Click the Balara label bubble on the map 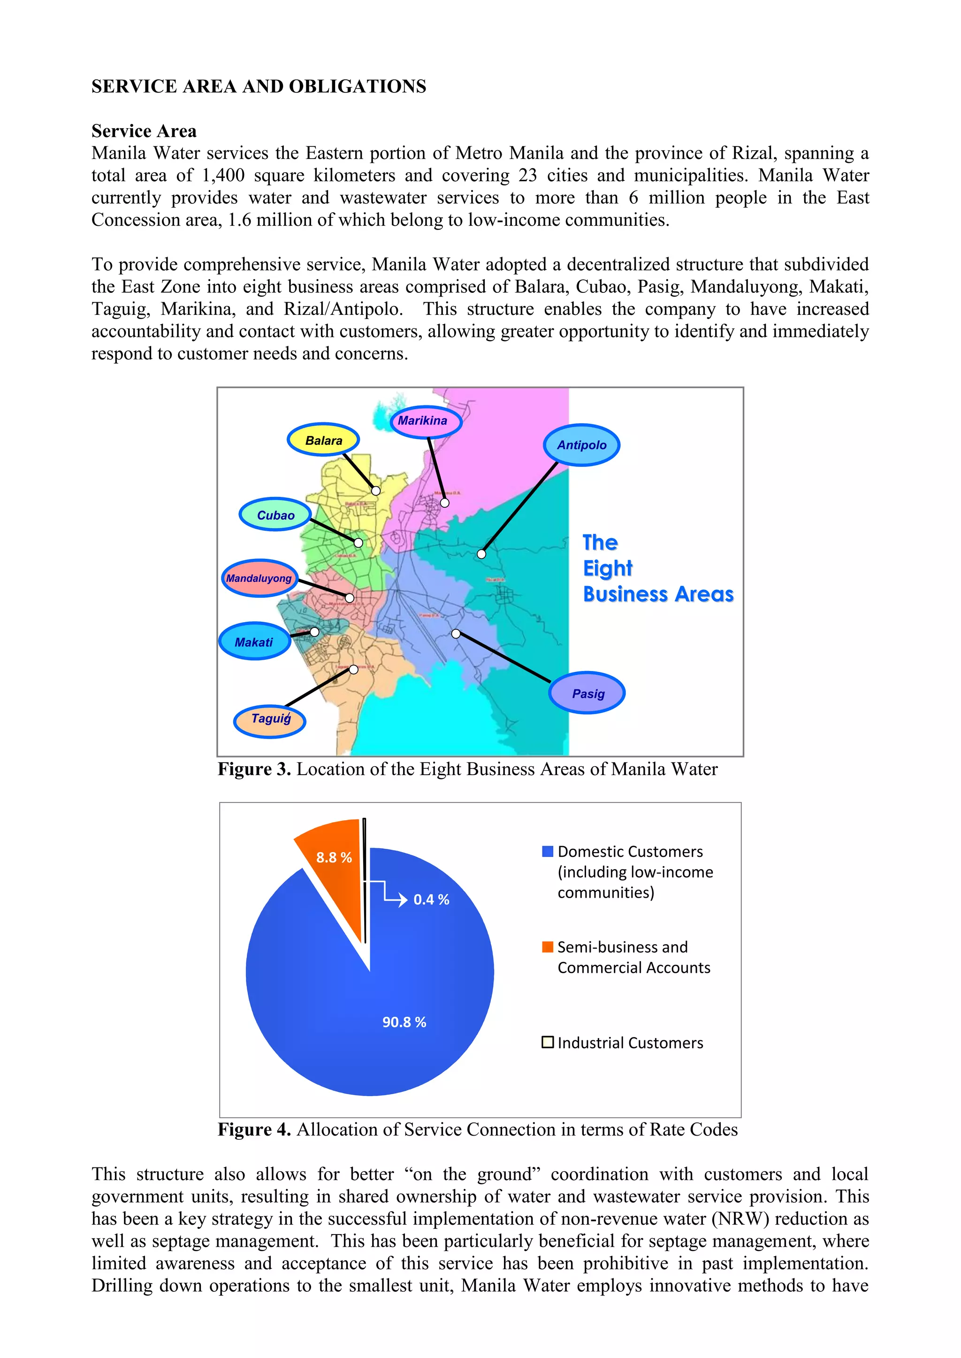[x=323, y=440]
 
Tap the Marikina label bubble [x=426, y=421]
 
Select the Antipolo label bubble [x=581, y=445]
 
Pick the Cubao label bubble [x=275, y=515]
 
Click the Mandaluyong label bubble [x=259, y=578]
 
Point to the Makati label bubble [x=254, y=642]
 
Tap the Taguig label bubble [x=270, y=719]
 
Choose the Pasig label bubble [x=587, y=694]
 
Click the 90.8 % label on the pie [x=404, y=1022]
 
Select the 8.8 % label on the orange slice [x=334, y=857]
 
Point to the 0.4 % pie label [x=431, y=900]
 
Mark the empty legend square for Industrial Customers [x=548, y=1042]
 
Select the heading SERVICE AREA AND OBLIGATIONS [x=259, y=86]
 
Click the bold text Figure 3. [x=254, y=769]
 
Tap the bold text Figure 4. [x=254, y=1129]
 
